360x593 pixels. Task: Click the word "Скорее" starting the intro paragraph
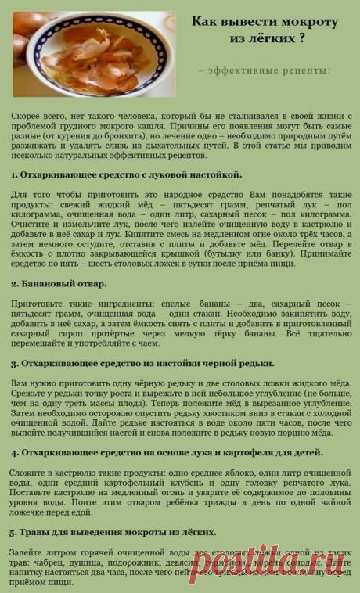(x=27, y=115)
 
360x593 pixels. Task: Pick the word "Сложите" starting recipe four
(x=27, y=473)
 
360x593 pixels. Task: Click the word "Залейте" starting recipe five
(x=27, y=552)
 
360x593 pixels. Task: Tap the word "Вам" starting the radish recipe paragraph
(x=20, y=383)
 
